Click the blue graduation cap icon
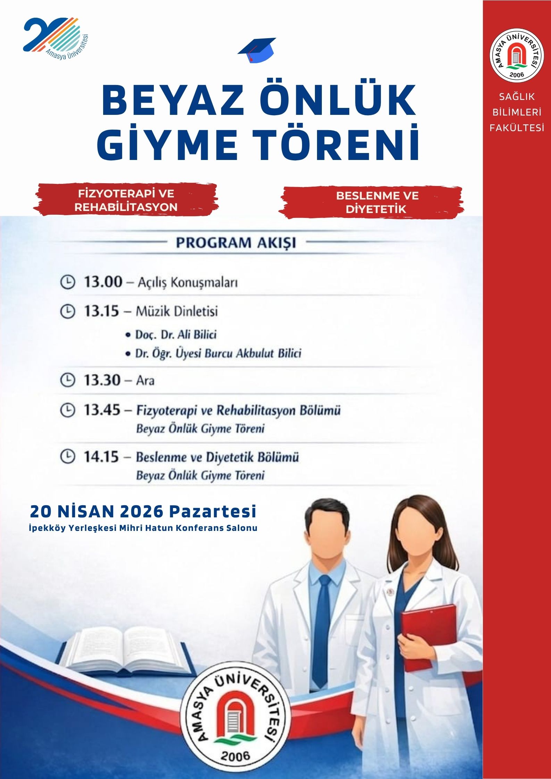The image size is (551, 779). (x=257, y=50)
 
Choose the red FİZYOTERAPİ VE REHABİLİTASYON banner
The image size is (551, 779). (x=126, y=200)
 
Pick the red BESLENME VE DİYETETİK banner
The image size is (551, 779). (x=377, y=202)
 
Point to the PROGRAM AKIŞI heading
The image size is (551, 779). (x=236, y=243)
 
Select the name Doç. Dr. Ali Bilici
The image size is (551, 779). (x=176, y=335)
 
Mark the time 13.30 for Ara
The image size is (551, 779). (x=102, y=380)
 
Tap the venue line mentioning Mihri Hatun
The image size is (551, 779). (x=143, y=528)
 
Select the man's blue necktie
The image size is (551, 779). (x=323, y=628)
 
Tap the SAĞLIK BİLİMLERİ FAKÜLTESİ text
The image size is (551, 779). (x=517, y=112)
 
